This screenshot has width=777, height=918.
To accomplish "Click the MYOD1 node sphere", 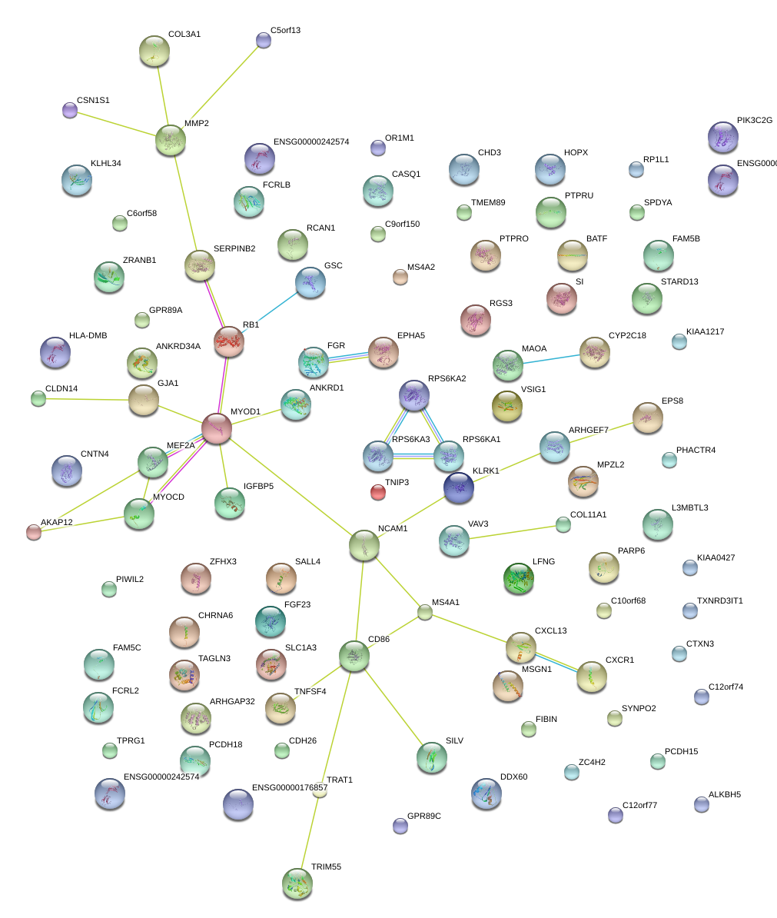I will pyautogui.click(x=217, y=428).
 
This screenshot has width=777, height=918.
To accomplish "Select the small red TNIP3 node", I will pyautogui.click(x=378, y=492).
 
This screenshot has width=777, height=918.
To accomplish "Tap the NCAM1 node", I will pyautogui.click(x=364, y=544).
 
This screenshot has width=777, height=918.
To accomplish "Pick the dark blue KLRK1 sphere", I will pyautogui.click(x=459, y=487).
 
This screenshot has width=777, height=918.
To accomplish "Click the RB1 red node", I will pyautogui.click(x=229, y=341).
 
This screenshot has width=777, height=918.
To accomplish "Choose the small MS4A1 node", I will pyautogui.click(x=425, y=612).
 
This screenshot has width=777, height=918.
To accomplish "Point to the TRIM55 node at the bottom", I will pyautogui.click(x=297, y=883).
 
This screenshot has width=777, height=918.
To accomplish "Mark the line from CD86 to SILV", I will pyautogui.click(x=392, y=706).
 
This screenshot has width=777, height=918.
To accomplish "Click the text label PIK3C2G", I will pyautogui.click(x=754, y=121).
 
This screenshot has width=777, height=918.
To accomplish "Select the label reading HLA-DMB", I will pyautogui.click(x=88, y=336).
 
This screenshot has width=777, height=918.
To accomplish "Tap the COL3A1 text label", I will pyautogui.click(x=184, y=35).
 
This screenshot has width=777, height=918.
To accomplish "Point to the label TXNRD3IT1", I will pyautogui.click(x=720, y=600).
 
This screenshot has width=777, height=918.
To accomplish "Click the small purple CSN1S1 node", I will pyautogui.click(x=70, y=110).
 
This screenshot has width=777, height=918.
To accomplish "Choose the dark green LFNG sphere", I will pyautogui.click(x=519, y=579).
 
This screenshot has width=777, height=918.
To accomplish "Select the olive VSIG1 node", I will pyautogui.click(x=507, y=406).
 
